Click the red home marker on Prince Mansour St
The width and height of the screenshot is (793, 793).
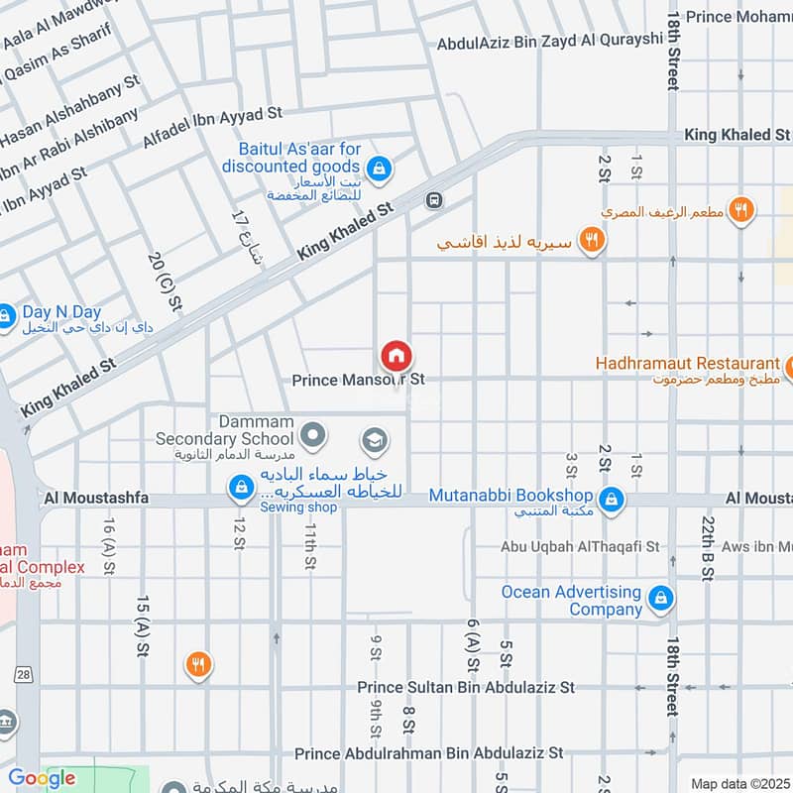click(396, 355)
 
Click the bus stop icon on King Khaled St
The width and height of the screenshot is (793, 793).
click(433, 200)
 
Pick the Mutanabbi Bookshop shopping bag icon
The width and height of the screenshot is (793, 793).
click(612, 497)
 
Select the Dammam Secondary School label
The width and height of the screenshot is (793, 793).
click(225, 430)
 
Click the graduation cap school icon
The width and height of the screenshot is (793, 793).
click(374, 439)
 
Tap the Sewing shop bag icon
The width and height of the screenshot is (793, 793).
click(239, 487)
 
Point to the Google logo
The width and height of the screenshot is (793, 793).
click(42, 778)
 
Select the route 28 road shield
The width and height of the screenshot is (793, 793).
click(23, 674)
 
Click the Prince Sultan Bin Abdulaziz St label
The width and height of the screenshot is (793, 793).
click(466, 687)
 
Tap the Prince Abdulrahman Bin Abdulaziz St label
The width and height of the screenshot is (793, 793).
click(428, 753)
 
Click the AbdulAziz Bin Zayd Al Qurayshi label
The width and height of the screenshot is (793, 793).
click(550, 41)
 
